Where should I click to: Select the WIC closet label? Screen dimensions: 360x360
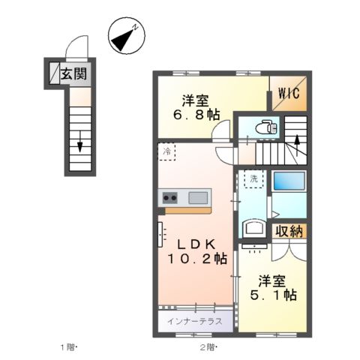(x=288, y=94)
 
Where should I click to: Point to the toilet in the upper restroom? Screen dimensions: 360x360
(x=264, y=127)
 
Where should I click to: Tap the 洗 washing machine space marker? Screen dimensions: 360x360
(x=254, y=180)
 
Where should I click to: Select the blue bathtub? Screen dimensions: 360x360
(x=289, y=182)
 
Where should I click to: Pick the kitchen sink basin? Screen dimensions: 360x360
(x=198, y=197)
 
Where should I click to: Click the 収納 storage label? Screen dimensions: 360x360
(x=289, y=231)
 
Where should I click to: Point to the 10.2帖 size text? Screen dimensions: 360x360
(x=197, y=259)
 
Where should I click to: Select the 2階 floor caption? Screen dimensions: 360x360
(x=208, y=347)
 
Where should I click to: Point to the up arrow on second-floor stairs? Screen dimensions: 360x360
(x=297, y=139)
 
